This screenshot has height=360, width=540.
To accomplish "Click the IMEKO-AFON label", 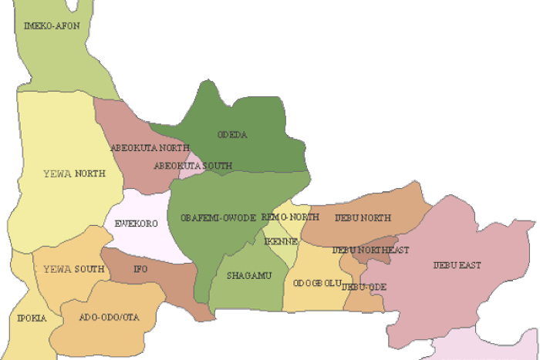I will coord(52,26).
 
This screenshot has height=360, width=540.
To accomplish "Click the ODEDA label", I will coord(232,135).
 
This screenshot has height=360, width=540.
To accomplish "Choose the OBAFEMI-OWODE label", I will coord(218,218).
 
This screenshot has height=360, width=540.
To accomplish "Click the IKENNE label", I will coord(276,241).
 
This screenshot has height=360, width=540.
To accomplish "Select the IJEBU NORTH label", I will coord(363,218).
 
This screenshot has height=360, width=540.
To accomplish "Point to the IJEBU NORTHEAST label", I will coord(370,250).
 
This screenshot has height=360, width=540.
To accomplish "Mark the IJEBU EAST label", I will coord(457,265).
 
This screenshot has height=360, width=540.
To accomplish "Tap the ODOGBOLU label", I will coord(316,283).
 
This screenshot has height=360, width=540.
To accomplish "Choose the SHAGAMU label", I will coord(249,275).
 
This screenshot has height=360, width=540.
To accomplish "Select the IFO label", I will coord(140,269).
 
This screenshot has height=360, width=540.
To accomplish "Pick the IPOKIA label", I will coord(32,318).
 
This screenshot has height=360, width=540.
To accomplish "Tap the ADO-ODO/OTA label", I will coord(106,318).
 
